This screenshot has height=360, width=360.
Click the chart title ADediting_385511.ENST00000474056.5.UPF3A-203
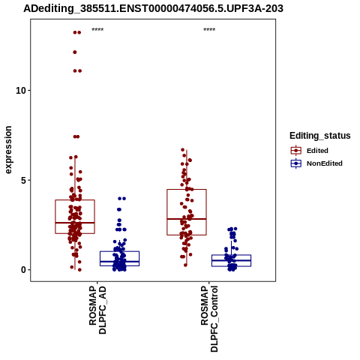(153, 8)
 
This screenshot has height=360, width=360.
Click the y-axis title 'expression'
(8, 150)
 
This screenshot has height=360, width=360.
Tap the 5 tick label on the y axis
(24, 180)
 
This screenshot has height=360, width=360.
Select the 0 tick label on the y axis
(24, 270)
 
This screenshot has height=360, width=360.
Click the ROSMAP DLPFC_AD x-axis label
(97, 310)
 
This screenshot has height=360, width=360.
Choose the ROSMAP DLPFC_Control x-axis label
(209, 319)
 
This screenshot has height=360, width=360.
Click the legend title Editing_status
(320, 136)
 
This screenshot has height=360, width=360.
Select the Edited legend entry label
(317, 151)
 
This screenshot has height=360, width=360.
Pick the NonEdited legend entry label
(325, 163)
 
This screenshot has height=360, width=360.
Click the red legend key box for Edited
(296, 151)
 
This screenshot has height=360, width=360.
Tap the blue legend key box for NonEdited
(296, 163)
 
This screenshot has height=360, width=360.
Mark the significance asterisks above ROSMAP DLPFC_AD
(97, 30)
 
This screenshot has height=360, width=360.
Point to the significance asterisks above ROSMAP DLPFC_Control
(209, 30)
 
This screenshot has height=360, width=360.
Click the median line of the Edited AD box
(75, 223)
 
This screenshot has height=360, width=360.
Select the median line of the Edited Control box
(187, 219)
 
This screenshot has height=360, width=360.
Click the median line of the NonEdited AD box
(119, 262)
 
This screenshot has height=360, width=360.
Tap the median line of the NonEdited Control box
(231, 260)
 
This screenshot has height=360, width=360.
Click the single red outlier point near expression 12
(75, 52)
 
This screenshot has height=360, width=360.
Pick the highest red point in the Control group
(183, 150)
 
